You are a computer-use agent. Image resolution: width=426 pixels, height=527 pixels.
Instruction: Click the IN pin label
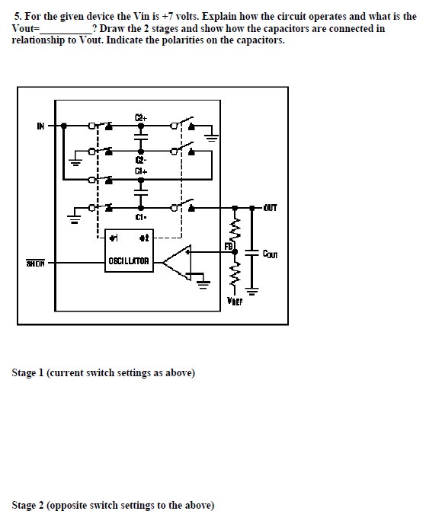pos(40,126)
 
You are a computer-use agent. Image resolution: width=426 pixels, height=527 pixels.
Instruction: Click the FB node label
pos(227,246)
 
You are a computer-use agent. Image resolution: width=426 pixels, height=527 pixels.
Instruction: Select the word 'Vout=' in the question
pos(26,28)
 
